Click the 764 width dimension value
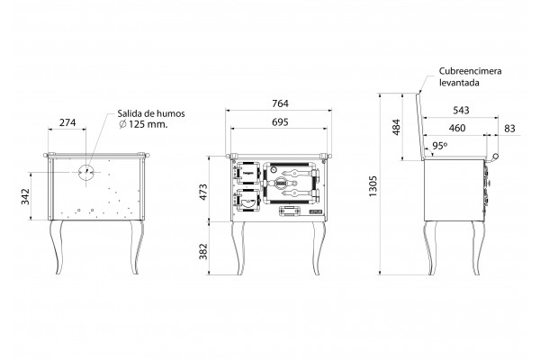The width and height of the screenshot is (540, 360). point(280,103)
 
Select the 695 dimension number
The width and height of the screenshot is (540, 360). point(280,122)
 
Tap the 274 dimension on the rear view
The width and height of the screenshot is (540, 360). point(67,122)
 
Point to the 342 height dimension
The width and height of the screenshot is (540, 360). point(25,197)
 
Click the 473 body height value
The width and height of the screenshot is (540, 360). point(203,193)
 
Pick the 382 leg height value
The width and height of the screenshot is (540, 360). point(203,251)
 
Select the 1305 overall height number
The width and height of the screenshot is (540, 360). point(373,186)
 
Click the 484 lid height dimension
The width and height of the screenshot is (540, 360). point(396,127)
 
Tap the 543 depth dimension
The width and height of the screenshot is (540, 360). point(461,110)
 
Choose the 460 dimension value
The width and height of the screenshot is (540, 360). point(457,128)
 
